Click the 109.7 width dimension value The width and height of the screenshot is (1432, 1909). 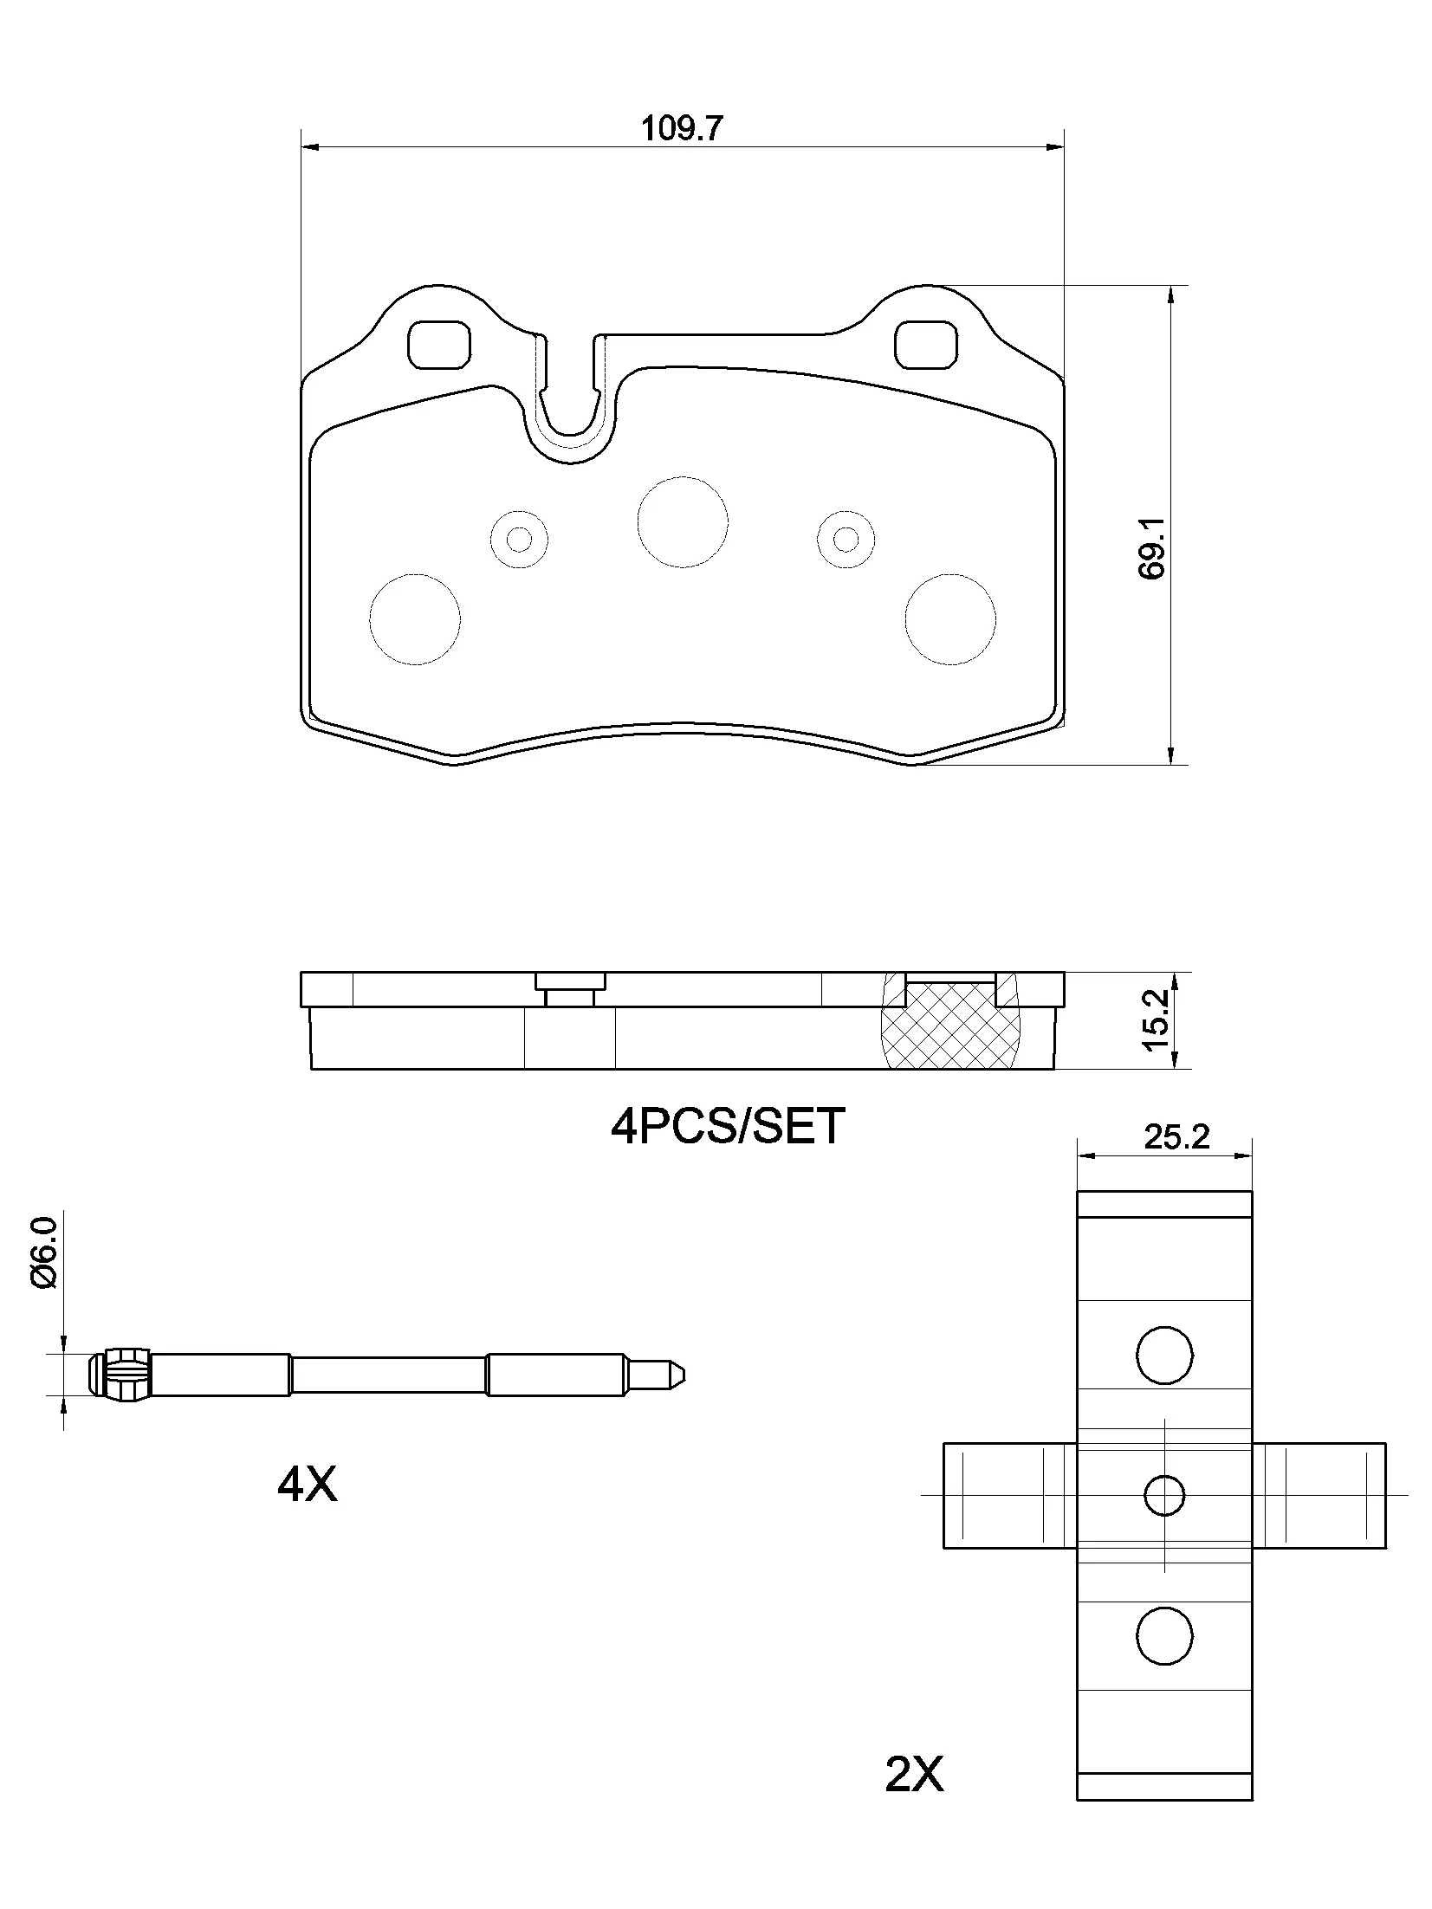click(681, 129)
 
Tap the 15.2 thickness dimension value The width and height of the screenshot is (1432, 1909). click(1156, 1021)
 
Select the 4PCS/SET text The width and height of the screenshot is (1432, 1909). click(727, 1127)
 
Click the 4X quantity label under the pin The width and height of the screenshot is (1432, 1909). click(307, 1485)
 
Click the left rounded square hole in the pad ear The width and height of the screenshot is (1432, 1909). click(439, 344)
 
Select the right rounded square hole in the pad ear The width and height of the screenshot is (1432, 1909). click(926, 344)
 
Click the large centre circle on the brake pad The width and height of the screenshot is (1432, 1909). click(682, 522)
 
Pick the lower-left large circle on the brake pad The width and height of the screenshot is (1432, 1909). click(414, 618)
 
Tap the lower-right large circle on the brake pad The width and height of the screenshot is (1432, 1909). click(949, 618)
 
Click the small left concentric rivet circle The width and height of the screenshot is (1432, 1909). click(519, 540)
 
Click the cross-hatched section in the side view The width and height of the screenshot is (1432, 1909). click(949, 1031)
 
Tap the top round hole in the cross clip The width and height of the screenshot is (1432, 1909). click(1163, 1355)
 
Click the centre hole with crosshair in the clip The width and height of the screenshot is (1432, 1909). click(1163, 1495)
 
